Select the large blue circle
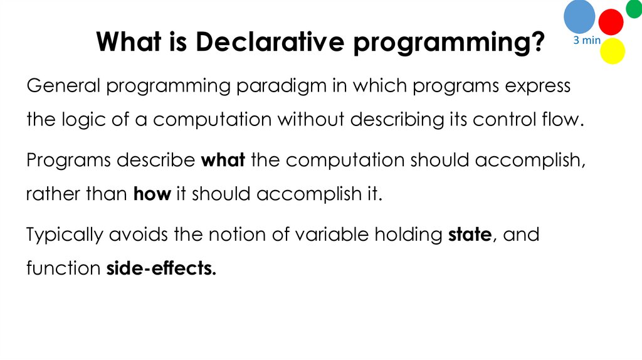pos(579,17)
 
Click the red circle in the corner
pos(611,22)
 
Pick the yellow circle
pos(613,51)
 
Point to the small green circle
pos(634,8)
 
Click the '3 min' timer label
pos(587,41)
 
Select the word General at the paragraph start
pos(63,86)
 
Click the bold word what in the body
pos(223,161)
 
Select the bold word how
pos(152,194)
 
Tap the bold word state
pos(470,235)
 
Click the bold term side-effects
pos(161,268)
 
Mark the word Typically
pos(63,236)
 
